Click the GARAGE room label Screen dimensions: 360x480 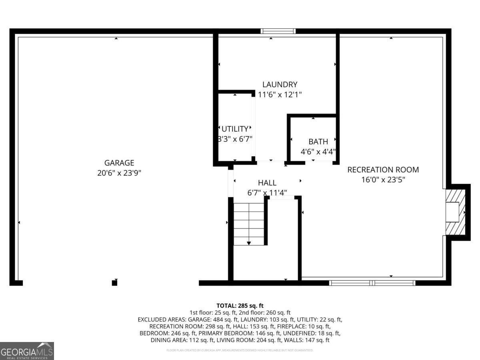click(119, 163)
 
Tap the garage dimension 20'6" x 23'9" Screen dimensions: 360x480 click(119, 173)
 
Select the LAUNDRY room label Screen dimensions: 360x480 click(280, 84)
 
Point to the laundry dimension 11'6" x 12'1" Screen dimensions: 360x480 click(280, 95)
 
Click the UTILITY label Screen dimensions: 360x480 click(235, 129)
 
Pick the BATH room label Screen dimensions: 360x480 click(318, 142)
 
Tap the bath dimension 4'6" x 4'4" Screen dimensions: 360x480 click(318, 152)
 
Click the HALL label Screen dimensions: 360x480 click(267, 183)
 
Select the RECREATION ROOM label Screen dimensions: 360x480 click(383, 170)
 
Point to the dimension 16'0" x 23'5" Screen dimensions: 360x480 click(383, 180)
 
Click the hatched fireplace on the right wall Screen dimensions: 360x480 click(456, 212)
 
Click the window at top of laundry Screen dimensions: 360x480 click(278, 31)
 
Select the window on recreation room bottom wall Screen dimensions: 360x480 click(372, 283)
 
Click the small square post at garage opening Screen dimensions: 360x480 click(114, 283)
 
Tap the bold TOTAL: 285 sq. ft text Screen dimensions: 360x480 click(240, 306)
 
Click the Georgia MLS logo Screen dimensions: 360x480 click(27, 351)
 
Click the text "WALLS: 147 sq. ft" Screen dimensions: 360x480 click(306, 340)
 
